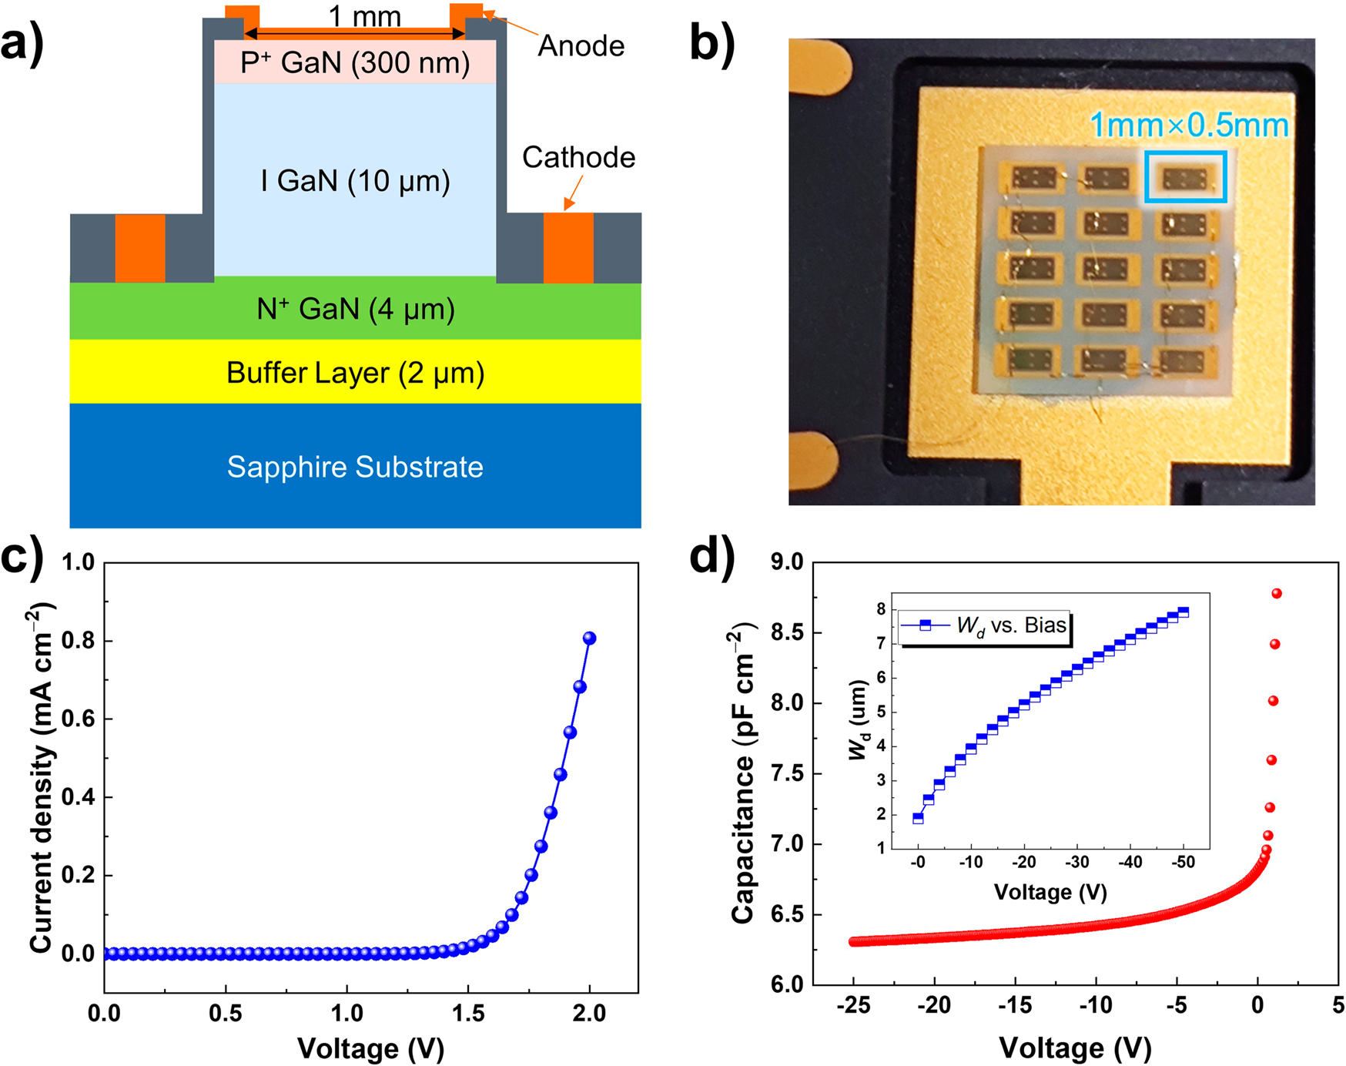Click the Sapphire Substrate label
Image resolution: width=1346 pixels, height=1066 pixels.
355,468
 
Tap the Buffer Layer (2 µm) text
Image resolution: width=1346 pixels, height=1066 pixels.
355,373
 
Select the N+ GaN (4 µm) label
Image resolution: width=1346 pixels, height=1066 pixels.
355,310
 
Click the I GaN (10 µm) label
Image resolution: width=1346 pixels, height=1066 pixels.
355,181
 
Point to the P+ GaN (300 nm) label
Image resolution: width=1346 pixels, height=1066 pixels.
355,62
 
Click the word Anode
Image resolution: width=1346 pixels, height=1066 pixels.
581,46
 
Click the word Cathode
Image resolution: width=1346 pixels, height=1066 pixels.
578,157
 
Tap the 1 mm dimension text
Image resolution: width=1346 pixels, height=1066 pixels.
364,15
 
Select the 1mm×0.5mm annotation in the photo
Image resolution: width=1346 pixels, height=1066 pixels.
1189,126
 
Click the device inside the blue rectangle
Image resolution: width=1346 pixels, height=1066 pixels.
1184,179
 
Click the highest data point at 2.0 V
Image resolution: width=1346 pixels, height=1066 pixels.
589,638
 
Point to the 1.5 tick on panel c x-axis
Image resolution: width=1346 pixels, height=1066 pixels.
468,1013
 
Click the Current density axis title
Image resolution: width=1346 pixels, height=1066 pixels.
42,778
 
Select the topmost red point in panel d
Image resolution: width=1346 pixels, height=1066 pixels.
1276,593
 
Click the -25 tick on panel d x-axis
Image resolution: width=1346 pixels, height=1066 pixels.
853,1005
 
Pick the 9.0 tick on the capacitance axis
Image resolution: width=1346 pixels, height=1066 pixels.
786,562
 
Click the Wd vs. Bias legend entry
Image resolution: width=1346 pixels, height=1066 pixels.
986,625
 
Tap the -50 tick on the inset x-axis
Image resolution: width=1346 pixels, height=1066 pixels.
1183,862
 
